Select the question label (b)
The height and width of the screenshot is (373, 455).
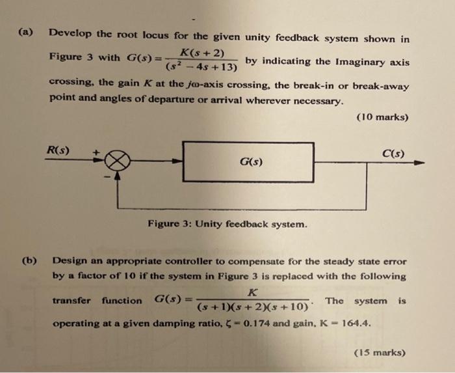click(x=29, y=261)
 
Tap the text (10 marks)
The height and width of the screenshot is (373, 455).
click(x=383, y=117)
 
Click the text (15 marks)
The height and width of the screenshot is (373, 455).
click(x=380, y=353)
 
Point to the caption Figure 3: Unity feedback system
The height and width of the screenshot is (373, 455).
click(x=227, y=225)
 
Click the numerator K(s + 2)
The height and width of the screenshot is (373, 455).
click(x=202, y=52)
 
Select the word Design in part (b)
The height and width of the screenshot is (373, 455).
click(x=70, y=261)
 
